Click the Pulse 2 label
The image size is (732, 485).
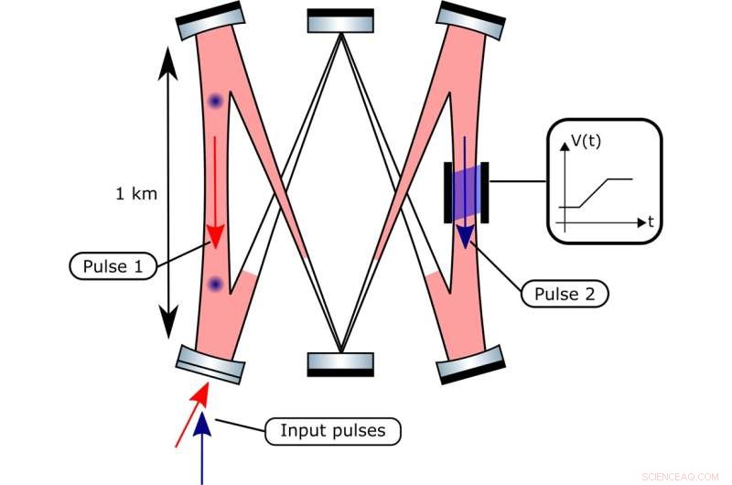click(565, 294)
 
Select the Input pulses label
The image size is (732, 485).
click(332, 430)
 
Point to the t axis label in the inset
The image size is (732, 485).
click(650, 221)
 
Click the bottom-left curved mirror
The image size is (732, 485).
click(211, 364)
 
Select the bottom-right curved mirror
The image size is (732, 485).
click(471, 364)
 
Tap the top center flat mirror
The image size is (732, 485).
click(340, 20)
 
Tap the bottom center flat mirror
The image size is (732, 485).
click(340, 364)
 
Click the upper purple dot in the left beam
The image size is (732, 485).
click(215, 101)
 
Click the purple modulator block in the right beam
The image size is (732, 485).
click(467, 192)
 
